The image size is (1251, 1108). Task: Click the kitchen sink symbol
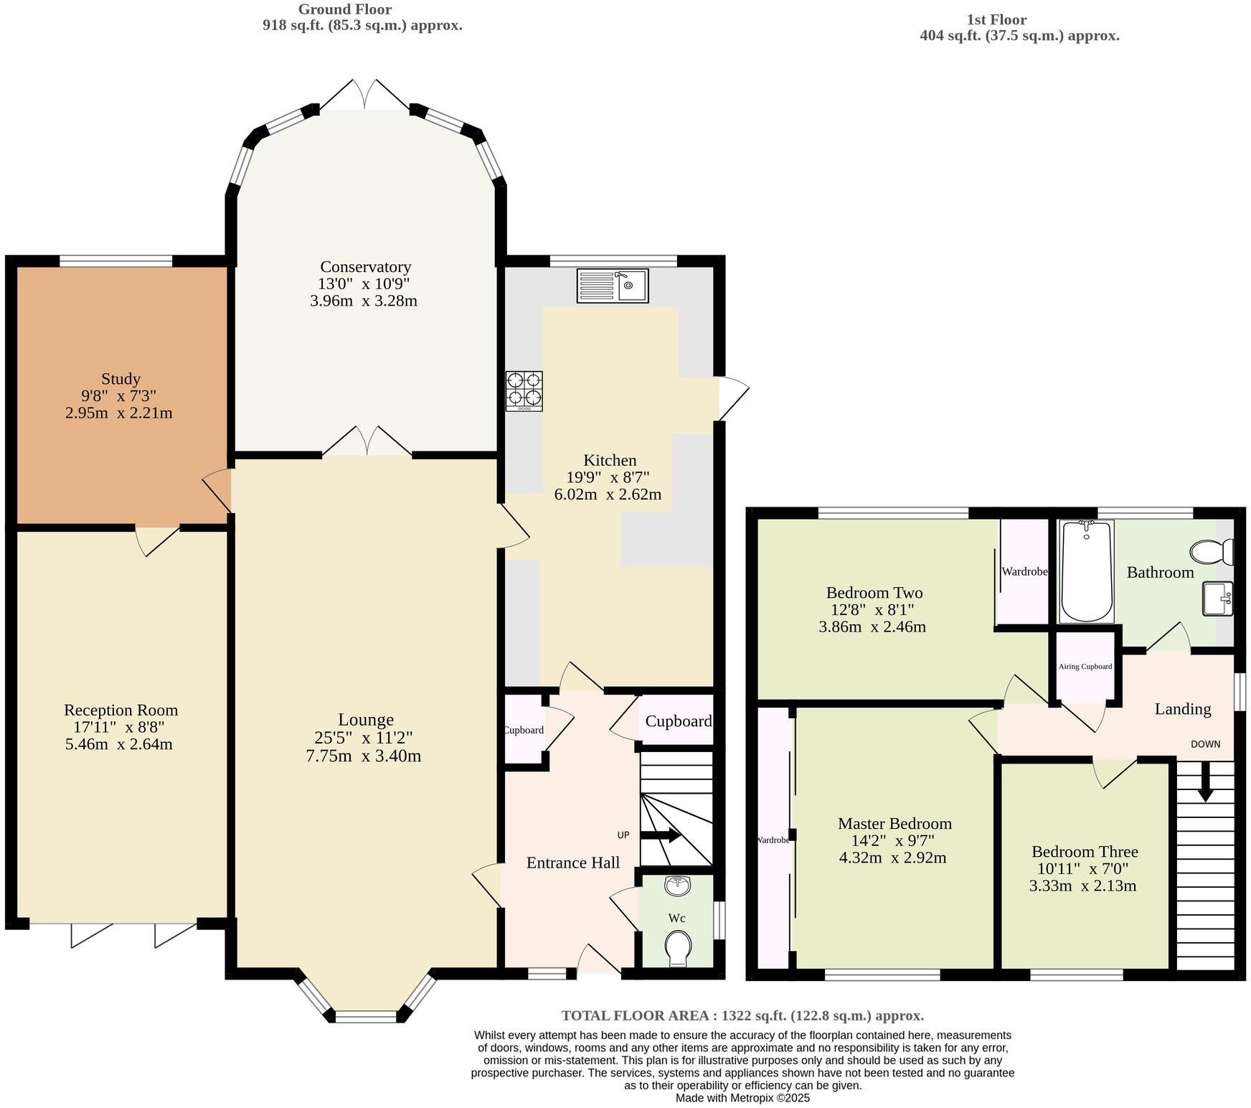coord(612,286)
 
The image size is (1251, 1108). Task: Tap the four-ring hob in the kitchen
coord(524,390)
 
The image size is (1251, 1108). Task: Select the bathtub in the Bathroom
coord(1086,571)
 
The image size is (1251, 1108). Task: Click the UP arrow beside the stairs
coord(660,835)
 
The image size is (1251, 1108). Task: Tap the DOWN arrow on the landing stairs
coord(1205,780)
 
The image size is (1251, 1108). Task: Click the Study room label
coord(121,379)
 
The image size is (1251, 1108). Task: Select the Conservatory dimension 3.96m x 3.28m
coord(364,301)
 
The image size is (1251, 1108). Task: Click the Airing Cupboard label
coord(1085,666)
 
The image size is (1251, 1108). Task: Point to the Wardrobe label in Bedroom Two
coord(1024,572)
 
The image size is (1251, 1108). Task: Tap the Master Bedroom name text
coord(894,824)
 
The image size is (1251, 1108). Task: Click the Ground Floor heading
coord(345,9)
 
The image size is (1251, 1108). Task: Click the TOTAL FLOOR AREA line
coord(742,1015)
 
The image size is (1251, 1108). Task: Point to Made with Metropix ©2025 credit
coord(742,1097)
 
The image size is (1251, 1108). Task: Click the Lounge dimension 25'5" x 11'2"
coord(364,738)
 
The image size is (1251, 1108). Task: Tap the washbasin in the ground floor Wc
coord(676,886)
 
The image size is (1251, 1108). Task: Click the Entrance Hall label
coord(572,863)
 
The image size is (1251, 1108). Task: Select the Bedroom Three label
coord(1084,852)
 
